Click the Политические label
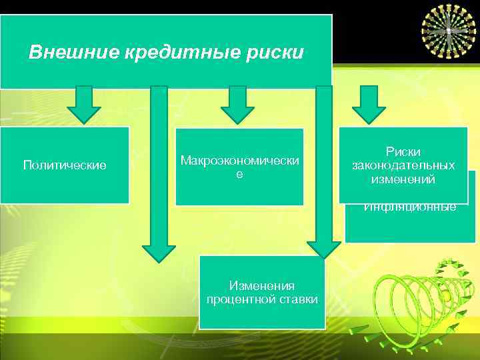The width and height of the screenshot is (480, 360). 65,165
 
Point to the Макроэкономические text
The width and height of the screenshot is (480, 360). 239,166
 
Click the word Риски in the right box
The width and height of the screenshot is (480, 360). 404,153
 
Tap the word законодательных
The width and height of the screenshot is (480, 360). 404,165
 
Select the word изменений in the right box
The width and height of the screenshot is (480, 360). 404,179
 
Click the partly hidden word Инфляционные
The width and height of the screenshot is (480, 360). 410,207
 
